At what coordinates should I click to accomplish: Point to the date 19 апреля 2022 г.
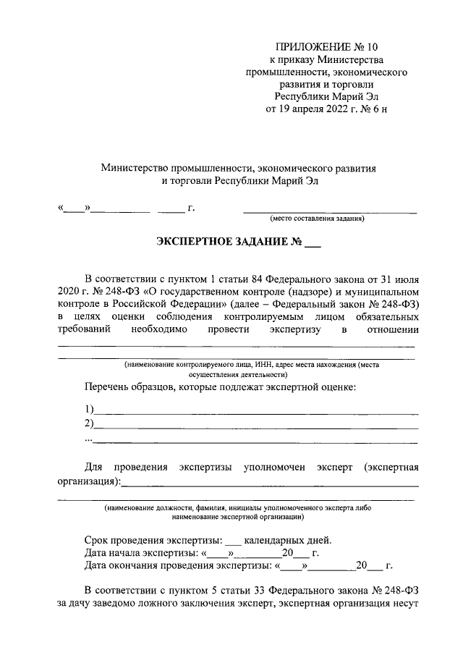(x=320, y=109)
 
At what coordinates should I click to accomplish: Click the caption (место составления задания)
(x=317, y=219)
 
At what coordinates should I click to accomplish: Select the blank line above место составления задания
(x=330, y=212)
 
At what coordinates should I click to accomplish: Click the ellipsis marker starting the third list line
(x=88, y=439)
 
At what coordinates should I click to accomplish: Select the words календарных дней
(x=287, y=540)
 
